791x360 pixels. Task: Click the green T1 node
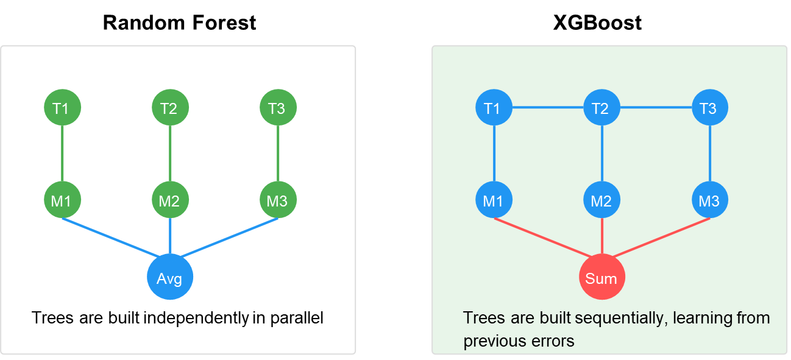pos(62,108)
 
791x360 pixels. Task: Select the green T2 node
pos(170,108)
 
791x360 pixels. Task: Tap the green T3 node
pos(278,108)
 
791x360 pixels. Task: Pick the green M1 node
pos(62,200)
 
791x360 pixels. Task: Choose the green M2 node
pos(170,200)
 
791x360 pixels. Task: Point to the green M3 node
pos(278,200)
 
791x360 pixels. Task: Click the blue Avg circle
pos(170,277)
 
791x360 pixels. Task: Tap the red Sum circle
pos(601,277)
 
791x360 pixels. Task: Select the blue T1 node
pos(494,108)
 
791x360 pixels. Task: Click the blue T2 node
pos(601,108)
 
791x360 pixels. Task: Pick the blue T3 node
pos(710,108)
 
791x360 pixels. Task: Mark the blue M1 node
pos(494,200)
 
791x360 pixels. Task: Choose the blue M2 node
pos(601,200)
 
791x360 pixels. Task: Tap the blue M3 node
pos(710,200)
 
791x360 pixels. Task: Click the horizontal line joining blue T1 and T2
pos(547,108)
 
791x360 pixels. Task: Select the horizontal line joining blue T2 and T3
pos(656,108)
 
